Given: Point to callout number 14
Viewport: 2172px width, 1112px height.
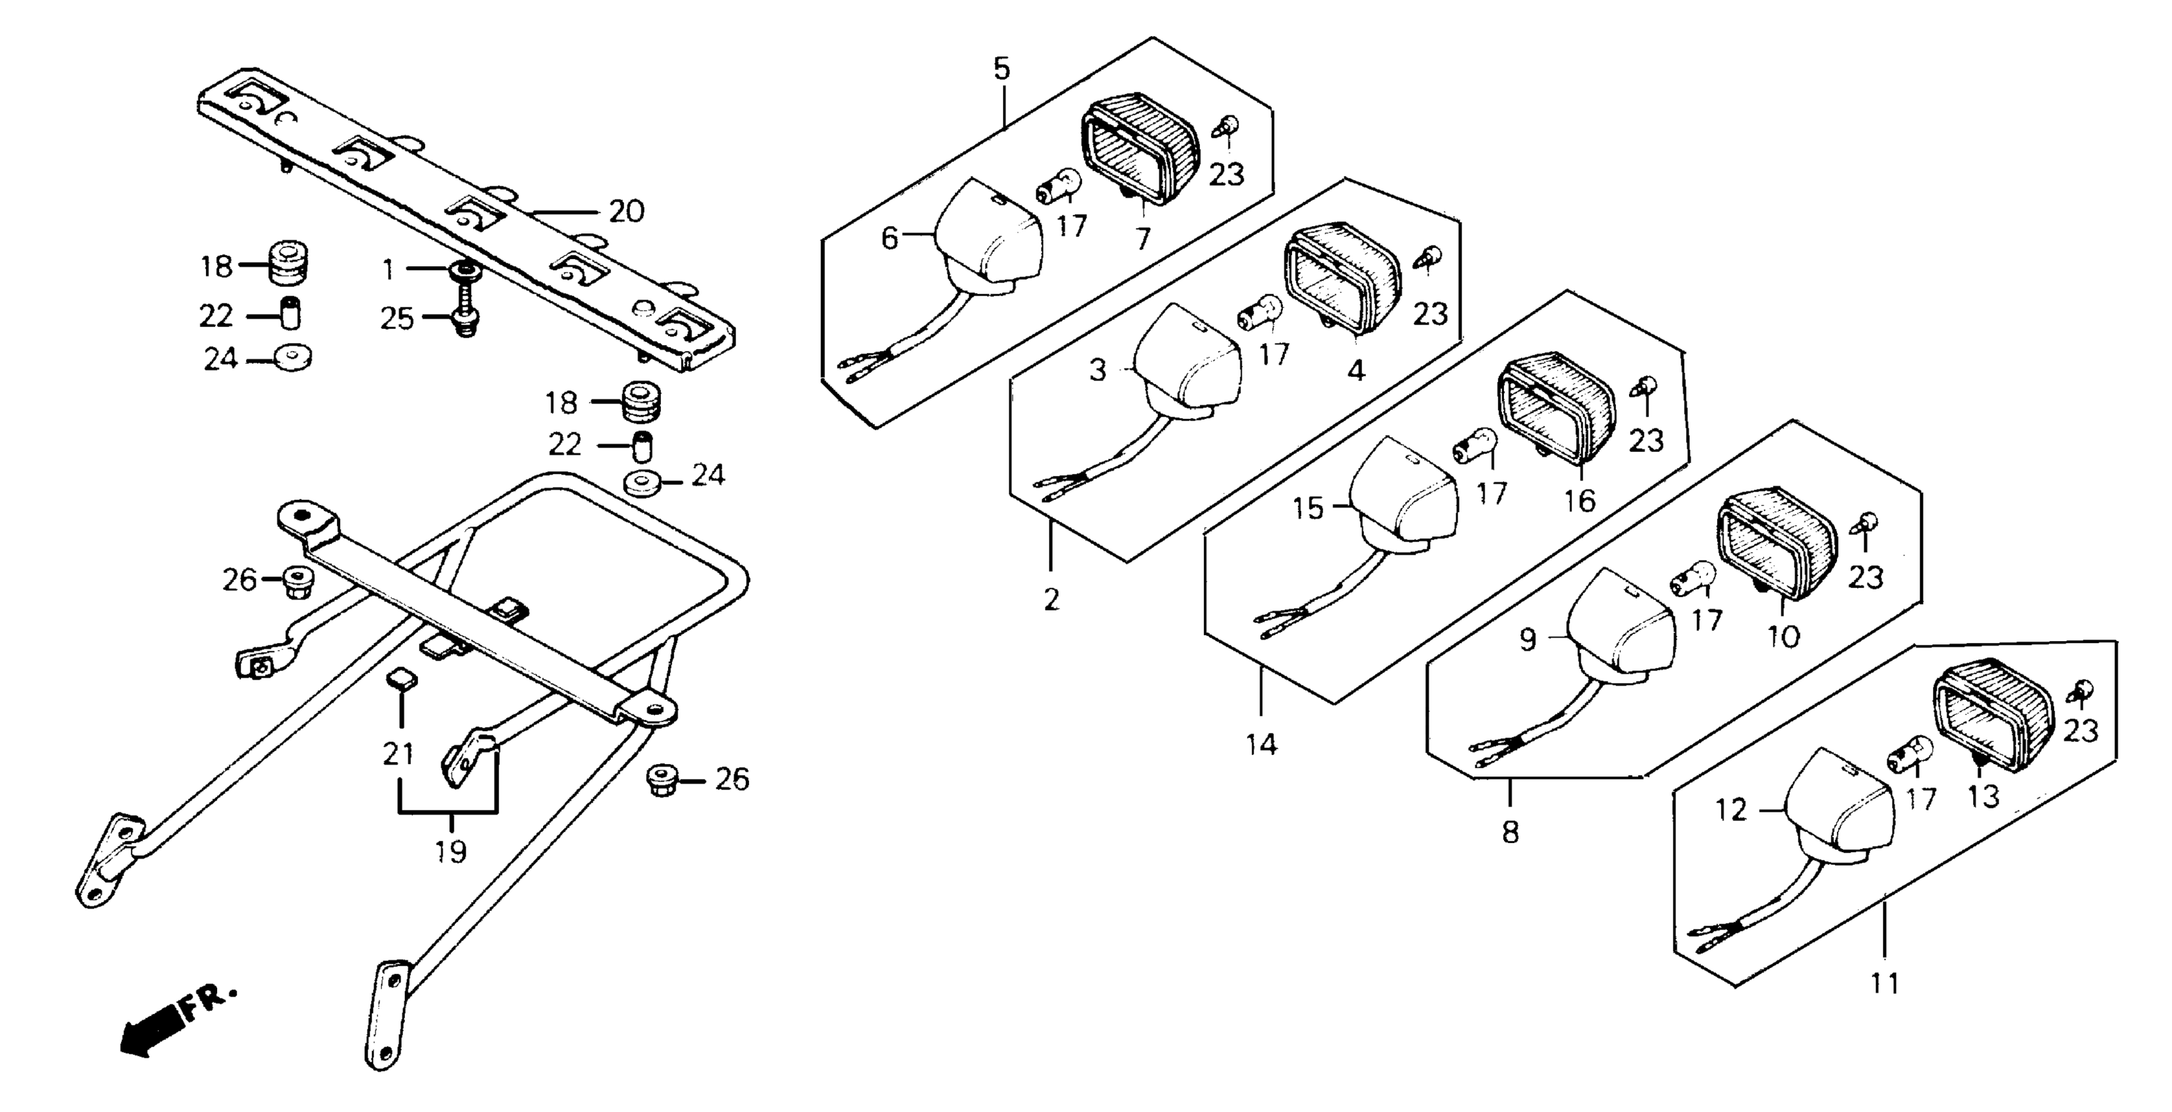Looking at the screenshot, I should (x=1262, y=744).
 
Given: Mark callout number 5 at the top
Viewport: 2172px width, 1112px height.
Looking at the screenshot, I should (x=1001, y=68).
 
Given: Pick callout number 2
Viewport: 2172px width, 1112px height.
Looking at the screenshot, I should (x=1051, y=600).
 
